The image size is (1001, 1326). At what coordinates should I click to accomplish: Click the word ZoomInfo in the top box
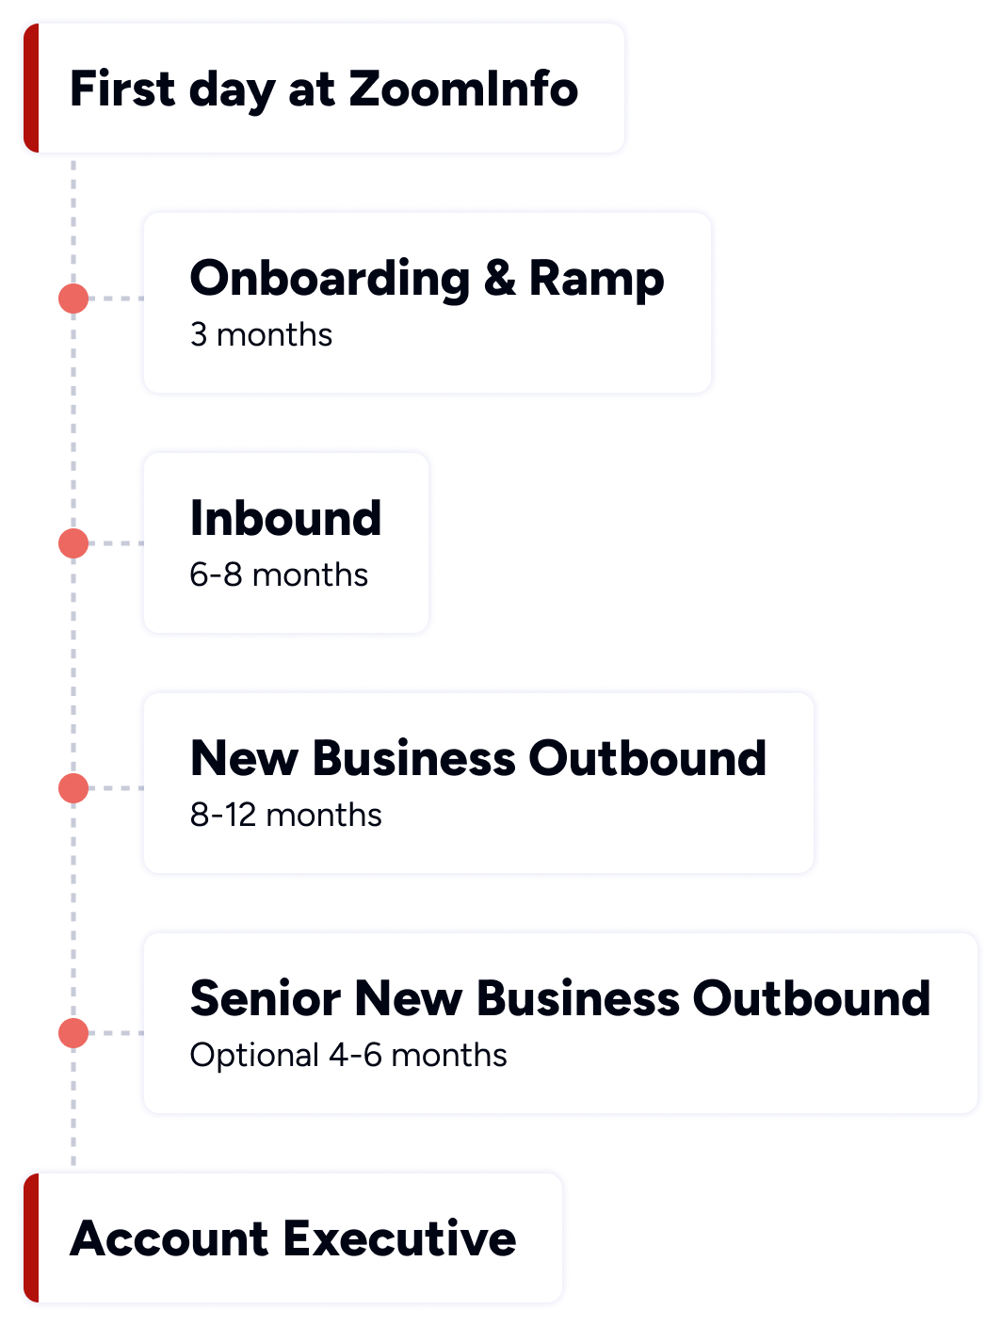[x=463, y=89]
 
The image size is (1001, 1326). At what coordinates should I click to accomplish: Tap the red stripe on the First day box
[x=29, y=89]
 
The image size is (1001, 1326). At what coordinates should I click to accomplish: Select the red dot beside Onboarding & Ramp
[x=73, y=299]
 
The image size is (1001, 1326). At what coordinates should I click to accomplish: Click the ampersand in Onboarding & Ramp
[x=500, y=279]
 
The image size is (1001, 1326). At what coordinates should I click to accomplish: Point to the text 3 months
[x=261, y=335]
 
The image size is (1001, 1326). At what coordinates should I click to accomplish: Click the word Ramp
[x=596, y=279]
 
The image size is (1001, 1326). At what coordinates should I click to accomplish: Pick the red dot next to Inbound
[x=73, y=543]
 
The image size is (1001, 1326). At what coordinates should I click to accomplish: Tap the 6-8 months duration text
[x=279, y=574]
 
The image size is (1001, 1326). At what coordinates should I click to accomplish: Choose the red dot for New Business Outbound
[x=73, y=788]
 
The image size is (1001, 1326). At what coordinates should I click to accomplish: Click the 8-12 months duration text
[x=285, y=815]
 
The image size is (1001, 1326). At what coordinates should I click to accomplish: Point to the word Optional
[x=254, y=1056]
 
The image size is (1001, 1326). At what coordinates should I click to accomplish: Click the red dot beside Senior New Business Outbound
[x=73, y=1033]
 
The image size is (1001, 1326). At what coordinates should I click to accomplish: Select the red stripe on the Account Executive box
[x=29, y=1237]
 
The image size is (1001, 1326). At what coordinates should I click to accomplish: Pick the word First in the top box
[x=122, y=89]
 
